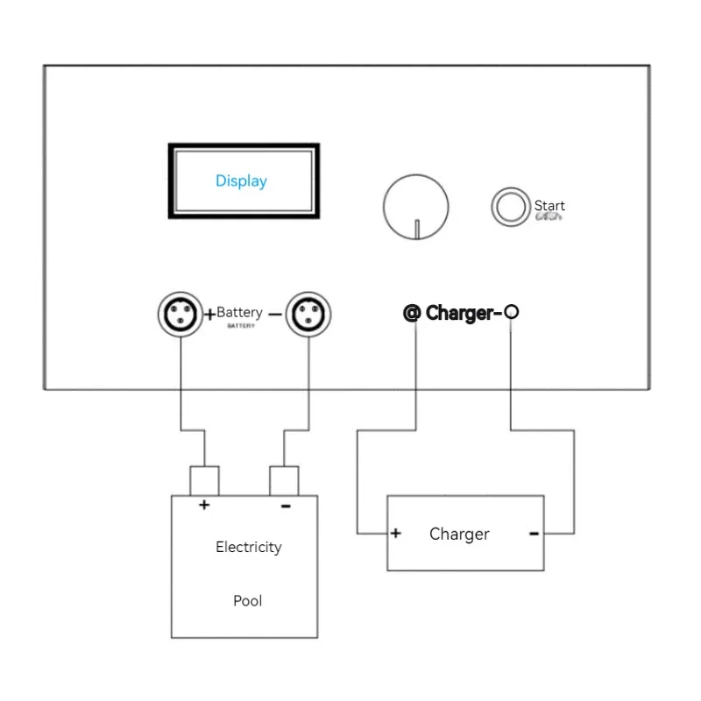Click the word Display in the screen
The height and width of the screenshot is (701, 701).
[x=241, y=181]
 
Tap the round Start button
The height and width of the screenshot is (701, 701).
[x=507, y=206]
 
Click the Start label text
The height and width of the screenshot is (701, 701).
[x=549, y=206]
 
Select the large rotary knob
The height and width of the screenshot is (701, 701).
[x=416, y=206]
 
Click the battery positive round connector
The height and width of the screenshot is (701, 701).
[x=180, y=313]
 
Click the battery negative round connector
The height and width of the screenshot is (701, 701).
[x=308, y=313]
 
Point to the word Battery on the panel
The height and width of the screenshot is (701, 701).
[x=239, y=313]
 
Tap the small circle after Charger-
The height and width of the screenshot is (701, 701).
[x=512, y=311]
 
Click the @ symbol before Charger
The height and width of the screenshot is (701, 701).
[x=412, y=313]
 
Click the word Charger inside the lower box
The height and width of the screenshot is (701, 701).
[x=459, y=534]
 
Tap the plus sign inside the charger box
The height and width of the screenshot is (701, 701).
[x=396, y=533]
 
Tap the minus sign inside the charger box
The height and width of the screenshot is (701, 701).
[x=534, y=533]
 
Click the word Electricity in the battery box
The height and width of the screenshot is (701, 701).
[x=249, y=548]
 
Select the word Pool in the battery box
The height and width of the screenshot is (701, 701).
[x=247, y=601]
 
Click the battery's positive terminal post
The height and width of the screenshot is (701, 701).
[x=204, y=481]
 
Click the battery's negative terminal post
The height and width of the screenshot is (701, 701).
[x=284, y=481]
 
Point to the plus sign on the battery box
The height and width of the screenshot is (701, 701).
[x=204, y=505]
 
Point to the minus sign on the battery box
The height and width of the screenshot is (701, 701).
[x=286, y=506]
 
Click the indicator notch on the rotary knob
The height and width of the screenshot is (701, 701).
[x=417, y=229]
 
